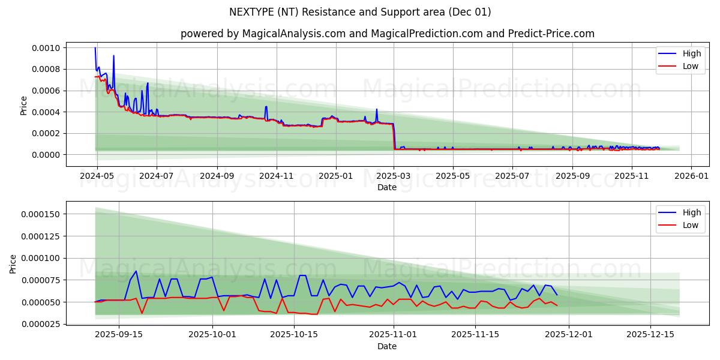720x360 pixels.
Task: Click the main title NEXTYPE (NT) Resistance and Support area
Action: coord(360,12)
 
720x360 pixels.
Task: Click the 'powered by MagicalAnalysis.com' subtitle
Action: coord(387,34)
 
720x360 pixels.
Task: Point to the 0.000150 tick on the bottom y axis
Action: coord(42,214)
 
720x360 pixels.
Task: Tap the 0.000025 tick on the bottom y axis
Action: coord(42,324)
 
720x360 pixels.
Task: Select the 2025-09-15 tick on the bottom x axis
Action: coord(118,335)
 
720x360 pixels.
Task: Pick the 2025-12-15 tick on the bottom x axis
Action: coord(650,335)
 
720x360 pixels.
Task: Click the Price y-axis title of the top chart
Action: coord(24,105)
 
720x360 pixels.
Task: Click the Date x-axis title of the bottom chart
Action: coord(387,346)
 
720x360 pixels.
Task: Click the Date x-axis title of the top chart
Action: coord(387,187)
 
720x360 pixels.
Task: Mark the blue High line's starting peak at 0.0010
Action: coord(95,48)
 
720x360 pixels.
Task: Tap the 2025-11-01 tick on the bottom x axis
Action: coord(393,335)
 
